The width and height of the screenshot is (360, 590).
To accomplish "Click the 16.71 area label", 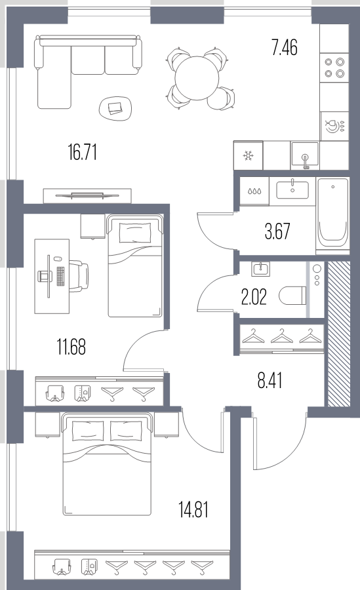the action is tap(83, 153).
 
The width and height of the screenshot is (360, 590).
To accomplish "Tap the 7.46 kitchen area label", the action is tap(285, 48).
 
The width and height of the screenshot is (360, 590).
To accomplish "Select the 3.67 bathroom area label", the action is tap(277, 231).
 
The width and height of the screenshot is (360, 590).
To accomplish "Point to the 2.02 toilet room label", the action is tap(254, 297).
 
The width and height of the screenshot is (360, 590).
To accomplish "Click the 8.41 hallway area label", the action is tap(270, 380).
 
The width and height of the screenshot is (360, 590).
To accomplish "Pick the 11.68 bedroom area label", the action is tap(71, 347).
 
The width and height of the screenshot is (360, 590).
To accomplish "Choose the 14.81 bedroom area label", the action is tap(193, 509).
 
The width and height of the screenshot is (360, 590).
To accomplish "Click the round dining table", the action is tap(197, 79).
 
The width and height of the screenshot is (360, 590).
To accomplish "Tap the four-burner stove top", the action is tap(334, 68).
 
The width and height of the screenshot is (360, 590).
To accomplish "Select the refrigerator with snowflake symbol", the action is tap(248, 155).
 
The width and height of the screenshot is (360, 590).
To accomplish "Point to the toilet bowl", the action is tap(292, 296).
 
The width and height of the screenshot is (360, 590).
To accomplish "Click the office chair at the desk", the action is tap(79, 277).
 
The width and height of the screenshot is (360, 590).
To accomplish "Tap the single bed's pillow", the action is tap(135, 233).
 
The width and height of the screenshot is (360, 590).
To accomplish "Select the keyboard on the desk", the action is tap(60, 277).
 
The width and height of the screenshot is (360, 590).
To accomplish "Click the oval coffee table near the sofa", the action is tap(115, 108).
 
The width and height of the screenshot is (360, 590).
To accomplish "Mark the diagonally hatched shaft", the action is tap(339, 334).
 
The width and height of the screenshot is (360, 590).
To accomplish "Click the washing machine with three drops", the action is tap(254, 191).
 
